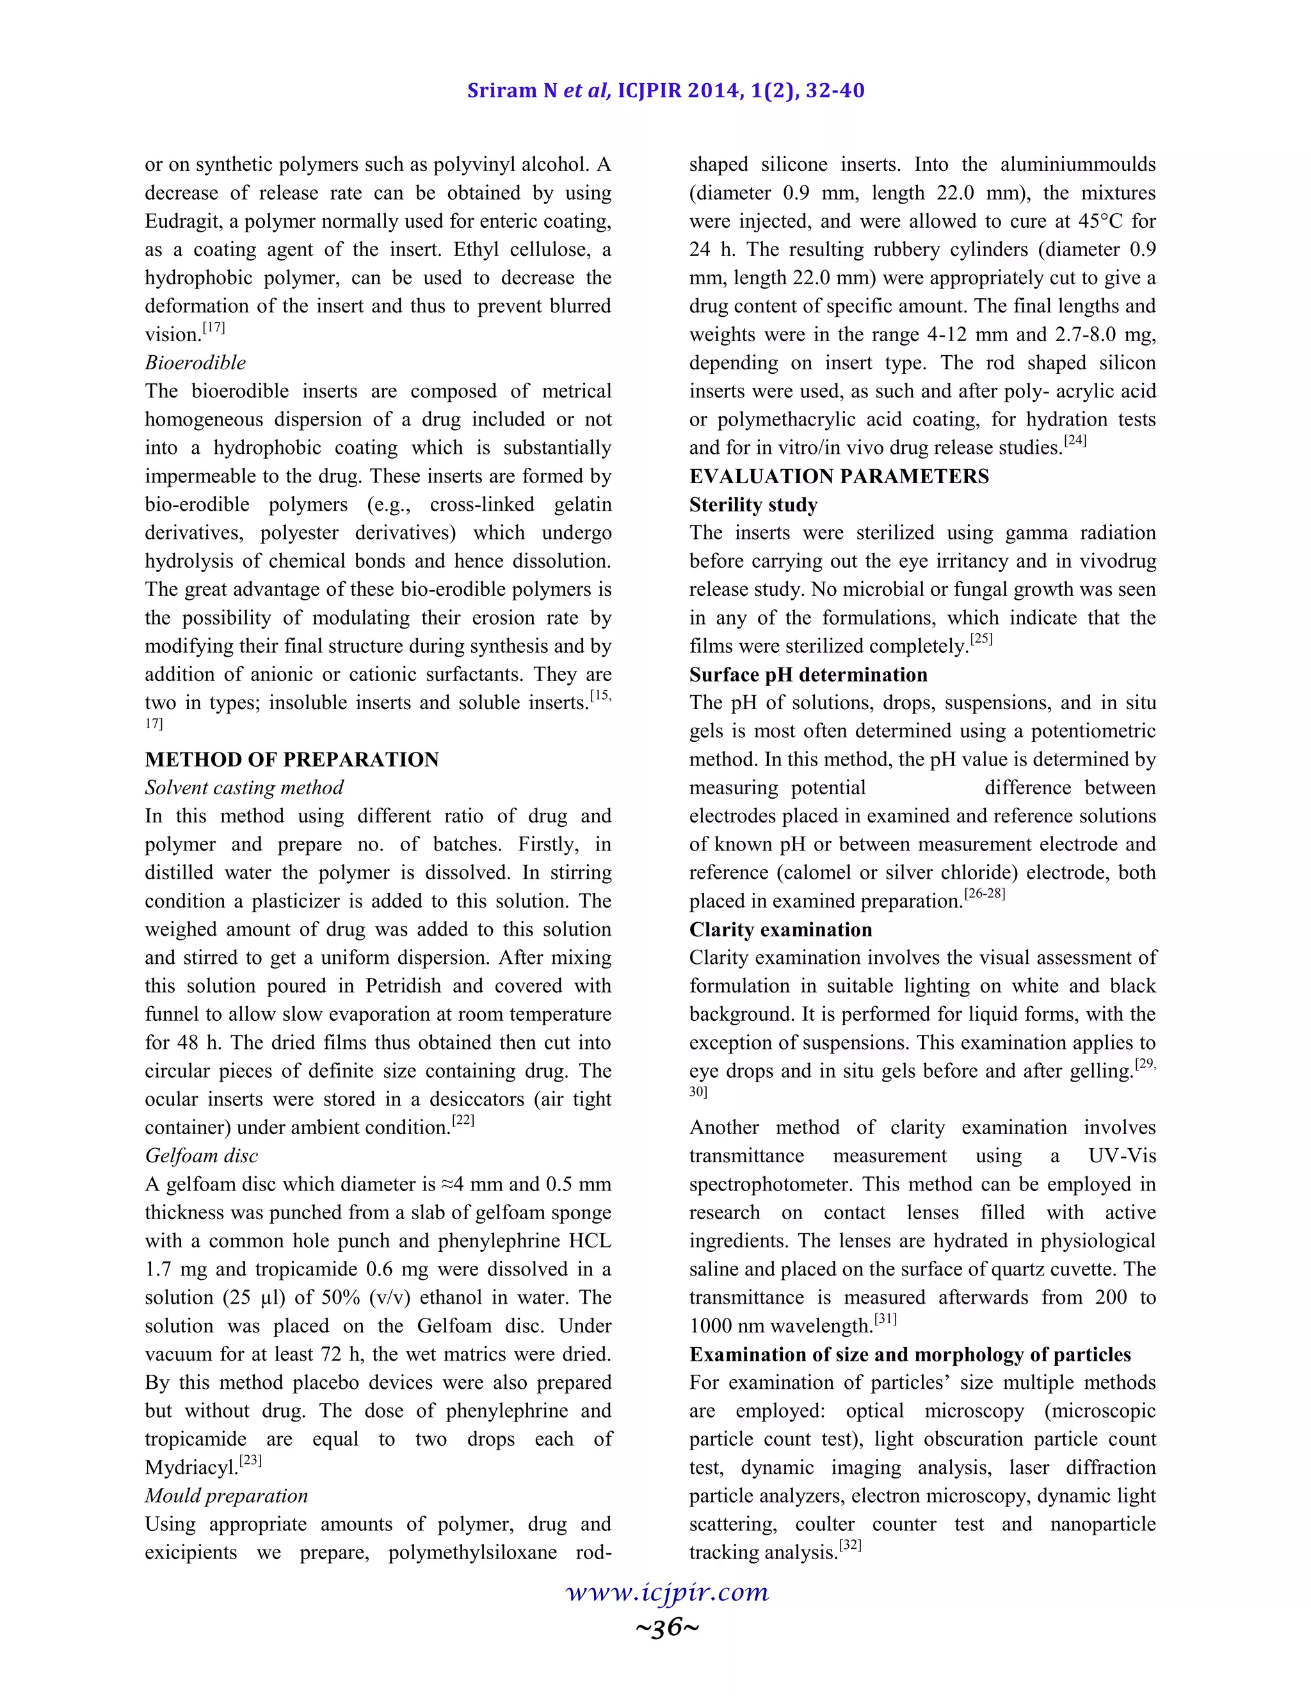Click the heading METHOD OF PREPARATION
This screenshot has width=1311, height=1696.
(292, 760)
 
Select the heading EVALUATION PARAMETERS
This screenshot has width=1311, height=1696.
(839, 476)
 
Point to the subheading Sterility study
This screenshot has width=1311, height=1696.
(753, 505)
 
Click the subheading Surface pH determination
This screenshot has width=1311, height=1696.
(808, 675)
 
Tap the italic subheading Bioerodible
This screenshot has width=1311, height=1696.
(195, 363)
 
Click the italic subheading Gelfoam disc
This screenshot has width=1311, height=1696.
(201, 1155)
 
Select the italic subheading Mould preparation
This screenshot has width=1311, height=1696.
(226, 1496)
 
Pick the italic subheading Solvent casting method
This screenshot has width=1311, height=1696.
(244, 787)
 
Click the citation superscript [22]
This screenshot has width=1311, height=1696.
(463, 1121)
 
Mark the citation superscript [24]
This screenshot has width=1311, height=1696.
(1075, 441)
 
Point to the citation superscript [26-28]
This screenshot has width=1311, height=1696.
(984, 895)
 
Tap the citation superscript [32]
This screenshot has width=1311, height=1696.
(851, 1546)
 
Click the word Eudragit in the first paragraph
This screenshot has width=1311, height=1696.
(183, 221)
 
